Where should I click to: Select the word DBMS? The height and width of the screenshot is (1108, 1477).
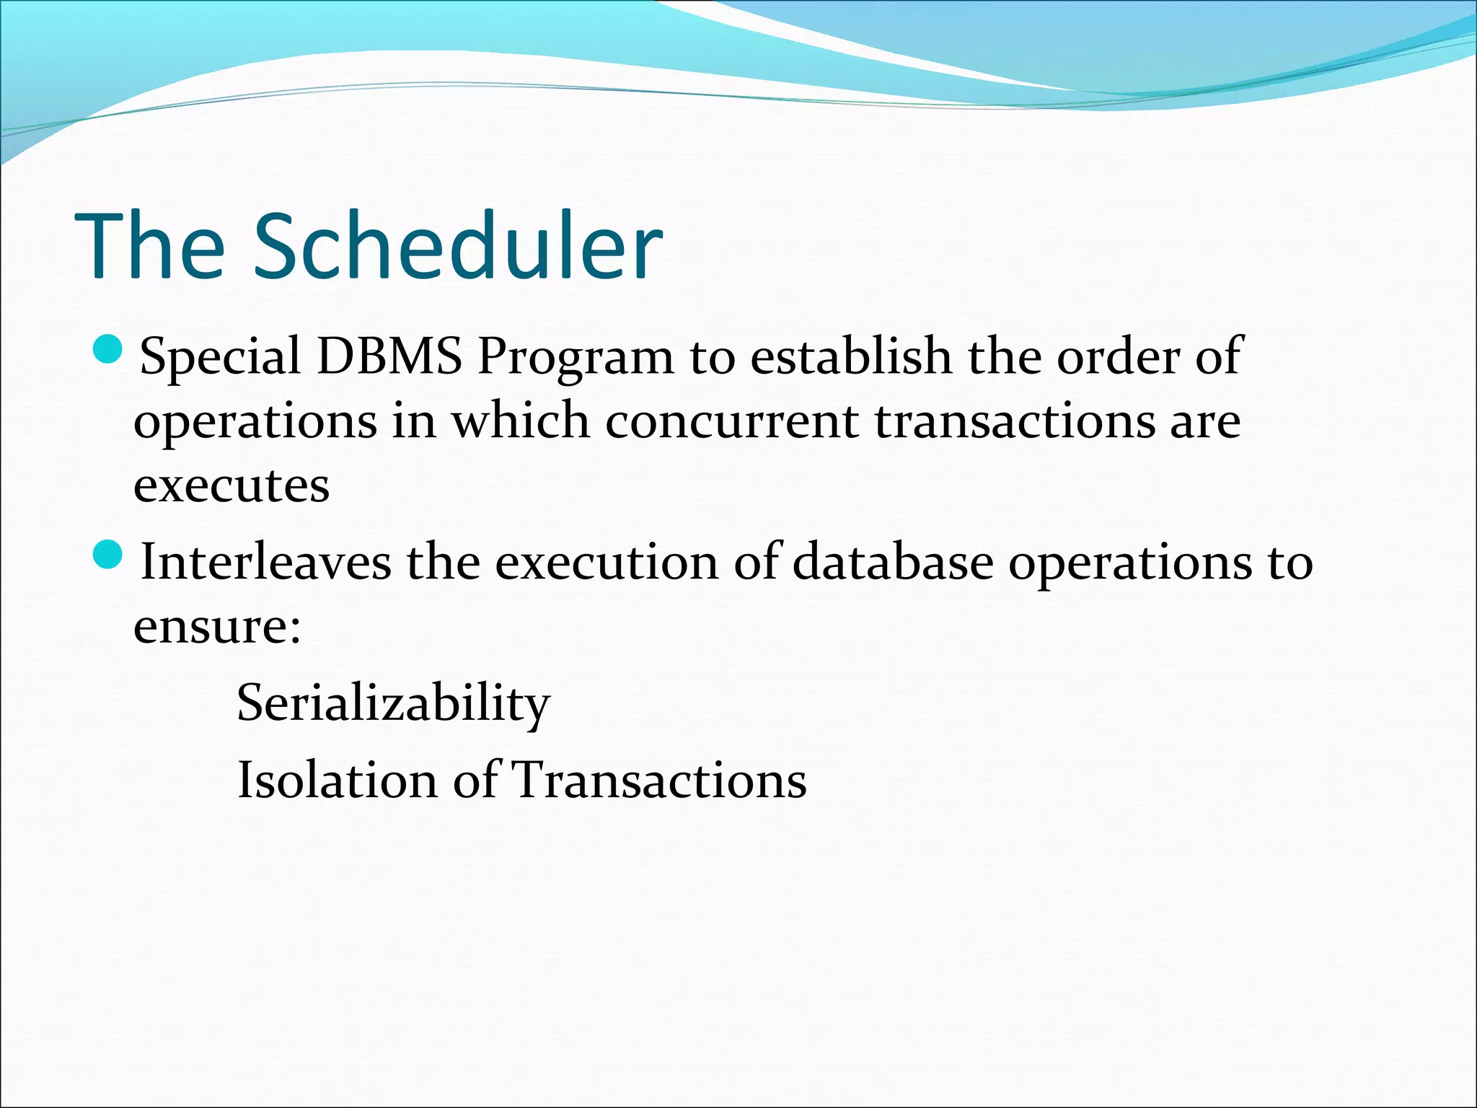click(389, 356)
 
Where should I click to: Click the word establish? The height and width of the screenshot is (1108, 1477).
click(850, 356)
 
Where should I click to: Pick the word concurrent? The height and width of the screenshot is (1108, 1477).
click(731, 421)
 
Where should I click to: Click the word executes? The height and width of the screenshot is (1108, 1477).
click(232, 485)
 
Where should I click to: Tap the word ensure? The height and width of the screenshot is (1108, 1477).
click(217, 626)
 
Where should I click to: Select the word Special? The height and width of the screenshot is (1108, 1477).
click(220, 358)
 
